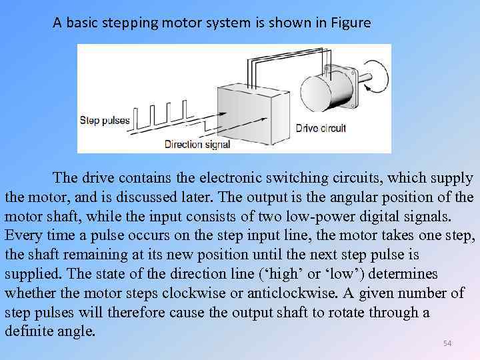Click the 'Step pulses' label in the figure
pos(104,121)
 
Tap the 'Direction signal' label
pos(197,144)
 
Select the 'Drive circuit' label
pos(321,128)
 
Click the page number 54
pos(447,343)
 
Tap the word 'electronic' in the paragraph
pos(217,178)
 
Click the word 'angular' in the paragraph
pos(339,197)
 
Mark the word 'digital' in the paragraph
pos(372,217)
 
